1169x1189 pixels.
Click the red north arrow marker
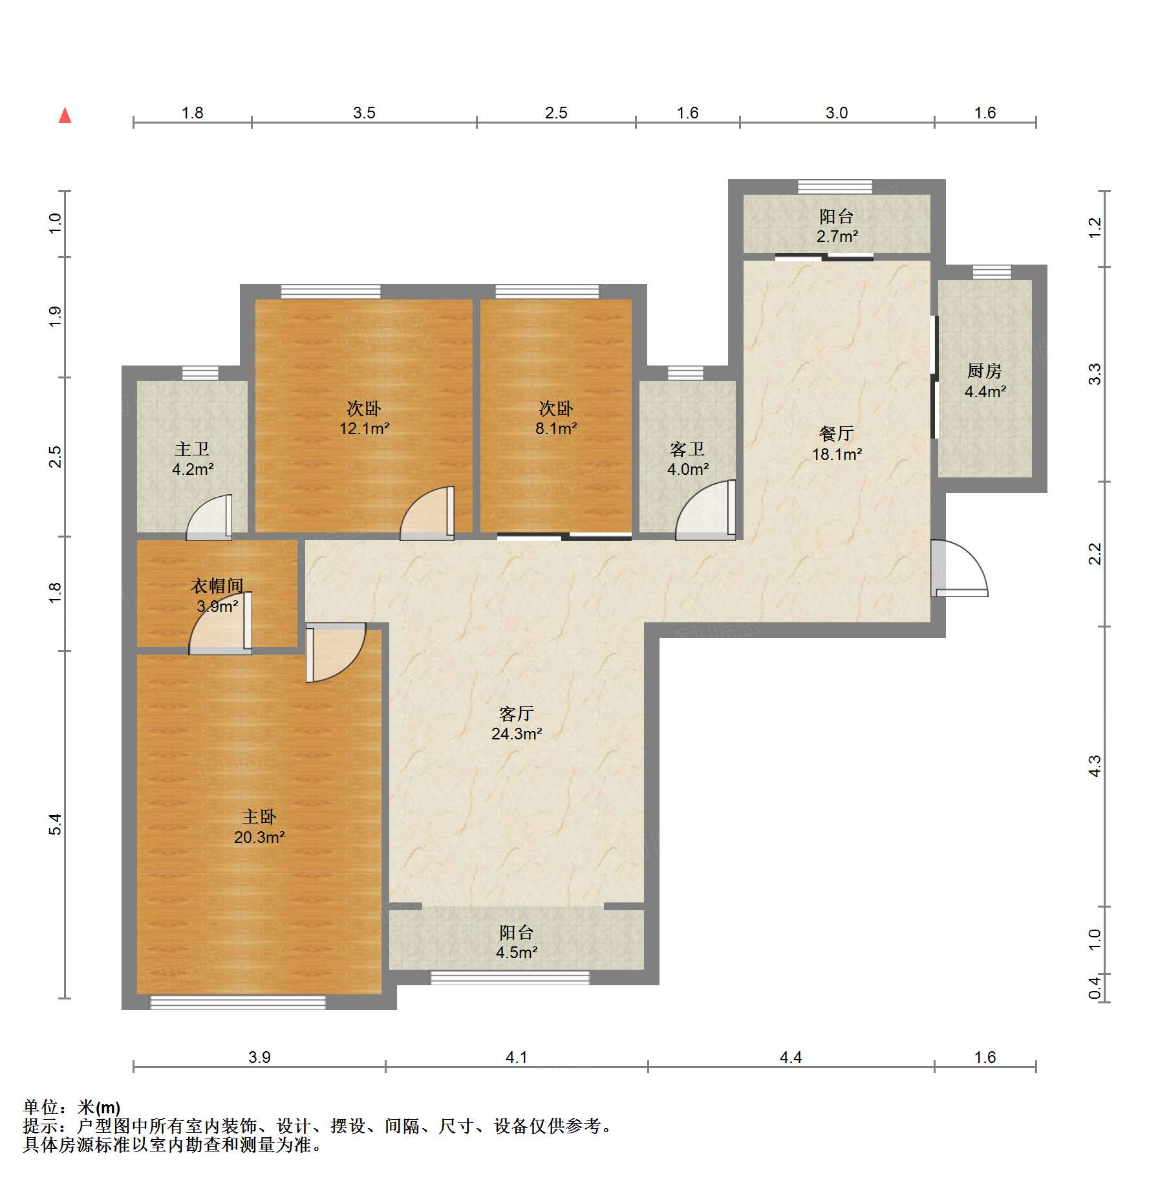coord(65,115)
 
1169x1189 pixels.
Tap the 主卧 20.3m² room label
coord(259,827)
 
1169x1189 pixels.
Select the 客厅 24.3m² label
coord(517,723)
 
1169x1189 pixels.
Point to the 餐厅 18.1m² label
coord(837,444)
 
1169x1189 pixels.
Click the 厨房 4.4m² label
coord(985,381)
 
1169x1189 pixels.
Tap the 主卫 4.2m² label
coord(193,459)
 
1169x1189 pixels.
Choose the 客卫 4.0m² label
coord(687,459)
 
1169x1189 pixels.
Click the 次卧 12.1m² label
coord(364,418)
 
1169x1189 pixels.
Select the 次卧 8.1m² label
coord(556,418)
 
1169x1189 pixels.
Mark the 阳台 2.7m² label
coord(837,226)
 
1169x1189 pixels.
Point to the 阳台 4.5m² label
coord(517,942)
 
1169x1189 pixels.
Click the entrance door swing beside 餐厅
coord(960,567)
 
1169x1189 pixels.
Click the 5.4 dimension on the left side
coord(56,824)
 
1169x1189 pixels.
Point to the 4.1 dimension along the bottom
coord(517,1057)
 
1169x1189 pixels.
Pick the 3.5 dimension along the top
coord(364,113)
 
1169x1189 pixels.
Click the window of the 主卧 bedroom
coord(238,1002)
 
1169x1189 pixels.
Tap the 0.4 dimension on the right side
coord(1094,987)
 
